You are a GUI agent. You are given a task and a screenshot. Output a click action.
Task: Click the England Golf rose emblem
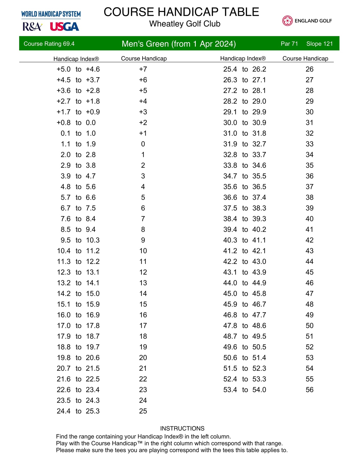click(287, 21)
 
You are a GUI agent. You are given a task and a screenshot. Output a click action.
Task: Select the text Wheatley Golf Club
click(185, 24)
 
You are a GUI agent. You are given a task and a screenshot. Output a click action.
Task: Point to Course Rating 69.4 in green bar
click(49, 44)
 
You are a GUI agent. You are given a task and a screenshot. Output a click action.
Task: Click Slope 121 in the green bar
click(319, 44)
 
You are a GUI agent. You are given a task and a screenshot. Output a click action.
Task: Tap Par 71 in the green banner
click(289, 44)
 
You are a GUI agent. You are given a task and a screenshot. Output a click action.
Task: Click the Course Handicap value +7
click(143, 69)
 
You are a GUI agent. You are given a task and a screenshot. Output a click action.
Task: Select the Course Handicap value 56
click(309, 390)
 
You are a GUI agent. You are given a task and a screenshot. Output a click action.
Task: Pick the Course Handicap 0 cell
click(143, 144)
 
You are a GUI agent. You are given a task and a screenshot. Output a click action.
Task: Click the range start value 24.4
click(63, 411)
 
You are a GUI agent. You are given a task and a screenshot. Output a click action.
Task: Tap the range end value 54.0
click(259, 390)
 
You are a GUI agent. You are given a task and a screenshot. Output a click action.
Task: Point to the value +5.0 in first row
click(63, 69)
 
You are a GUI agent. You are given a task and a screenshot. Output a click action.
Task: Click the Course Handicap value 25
click(143, 411)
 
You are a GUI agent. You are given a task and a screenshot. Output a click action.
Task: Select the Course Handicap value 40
click(309, 219)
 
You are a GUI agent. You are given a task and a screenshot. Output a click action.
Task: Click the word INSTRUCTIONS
click(182, 428)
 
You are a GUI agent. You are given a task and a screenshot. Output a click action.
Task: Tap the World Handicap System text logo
click(51, 14)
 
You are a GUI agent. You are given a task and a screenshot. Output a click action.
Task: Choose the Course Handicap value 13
click(143, 283)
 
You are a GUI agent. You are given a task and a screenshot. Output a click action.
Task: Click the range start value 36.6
click(230, 198)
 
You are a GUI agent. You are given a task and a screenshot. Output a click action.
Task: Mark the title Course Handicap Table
click(181, 12)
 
